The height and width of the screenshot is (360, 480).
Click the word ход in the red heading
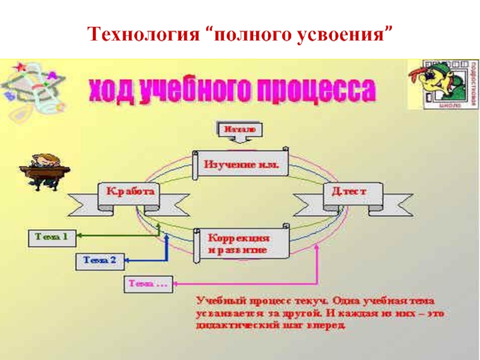tap(113, 92)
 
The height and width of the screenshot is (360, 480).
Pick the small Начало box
tap(238, 128)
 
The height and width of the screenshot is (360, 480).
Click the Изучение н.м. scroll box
tap(240, 163)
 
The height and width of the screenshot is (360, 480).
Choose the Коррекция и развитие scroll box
tap(240, 242)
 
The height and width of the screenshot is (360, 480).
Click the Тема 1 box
tap(52, 238)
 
